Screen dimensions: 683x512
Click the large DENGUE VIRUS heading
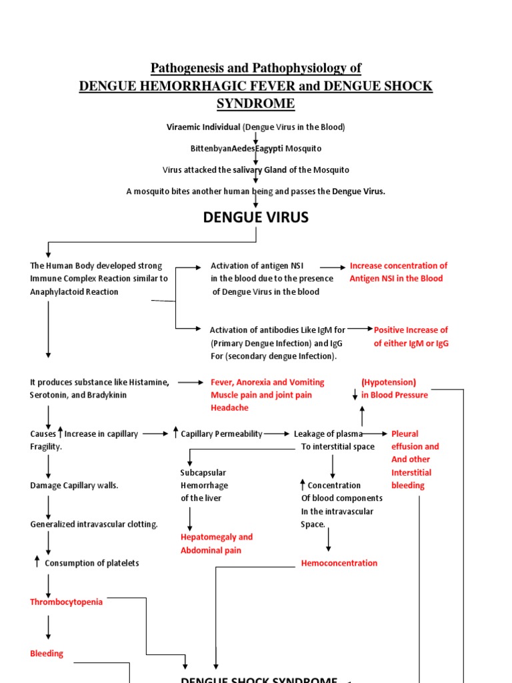[255, 217]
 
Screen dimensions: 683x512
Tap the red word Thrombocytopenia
[67, 602]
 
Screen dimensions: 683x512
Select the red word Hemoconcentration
[339, 563]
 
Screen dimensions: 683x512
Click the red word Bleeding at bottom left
[47, 654]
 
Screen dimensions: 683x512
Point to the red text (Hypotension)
[389, 382]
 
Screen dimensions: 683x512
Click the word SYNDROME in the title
[255, 103]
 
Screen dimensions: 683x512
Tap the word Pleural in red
[405, 434]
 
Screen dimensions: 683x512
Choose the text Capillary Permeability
[221, 434]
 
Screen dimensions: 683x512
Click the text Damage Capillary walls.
[74, 486]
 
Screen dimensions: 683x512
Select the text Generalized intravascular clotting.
[94, 524]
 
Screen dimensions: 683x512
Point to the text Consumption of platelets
[92, 563]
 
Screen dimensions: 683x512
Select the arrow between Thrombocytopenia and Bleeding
[49, 627]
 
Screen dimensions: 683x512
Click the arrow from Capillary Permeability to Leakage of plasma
[277, 434]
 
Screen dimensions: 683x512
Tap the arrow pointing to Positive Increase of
[360, 329]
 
